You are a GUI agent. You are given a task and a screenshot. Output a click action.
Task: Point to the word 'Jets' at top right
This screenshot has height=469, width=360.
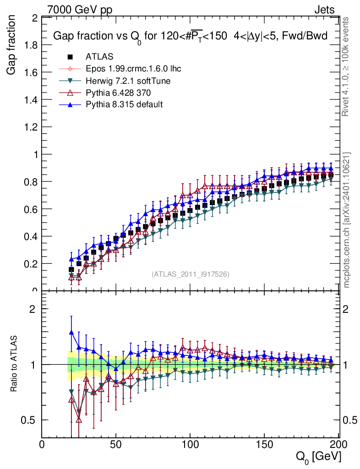(324, 10)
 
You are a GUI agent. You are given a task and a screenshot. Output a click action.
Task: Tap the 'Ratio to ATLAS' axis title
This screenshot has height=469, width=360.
(14, 364)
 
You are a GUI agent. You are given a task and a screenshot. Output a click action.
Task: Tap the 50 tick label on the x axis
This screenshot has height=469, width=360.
(116, 444)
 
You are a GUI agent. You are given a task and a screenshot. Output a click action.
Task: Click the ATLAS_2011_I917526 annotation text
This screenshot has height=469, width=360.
(191, 274)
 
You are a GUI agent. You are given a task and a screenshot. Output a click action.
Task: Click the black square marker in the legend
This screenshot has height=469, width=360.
(70, 57)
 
